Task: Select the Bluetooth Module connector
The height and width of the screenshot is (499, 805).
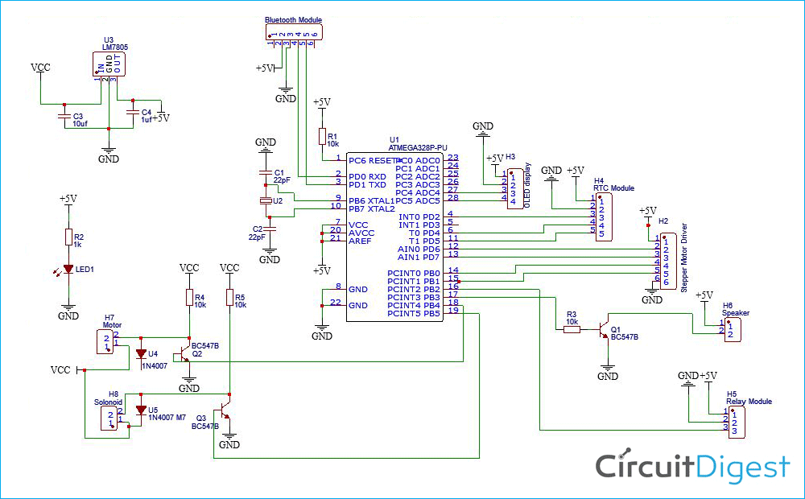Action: point(294,31)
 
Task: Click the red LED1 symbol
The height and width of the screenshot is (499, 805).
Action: point(68,269)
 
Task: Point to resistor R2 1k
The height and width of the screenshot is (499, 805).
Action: point(68,237)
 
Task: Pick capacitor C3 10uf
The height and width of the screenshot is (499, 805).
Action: point(64,117)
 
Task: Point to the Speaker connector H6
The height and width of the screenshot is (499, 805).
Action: point(732,329)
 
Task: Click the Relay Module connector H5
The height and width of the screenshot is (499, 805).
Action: point(734,422)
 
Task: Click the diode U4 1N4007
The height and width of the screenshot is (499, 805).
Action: point(142,353)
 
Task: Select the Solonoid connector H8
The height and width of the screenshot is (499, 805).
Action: point(112,418)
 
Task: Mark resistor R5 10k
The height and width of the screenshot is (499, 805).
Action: point(230,298)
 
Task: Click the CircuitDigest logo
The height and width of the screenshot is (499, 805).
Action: point(692,467)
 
